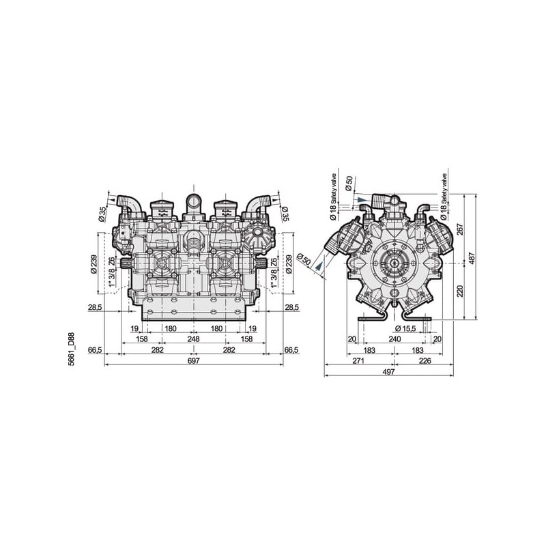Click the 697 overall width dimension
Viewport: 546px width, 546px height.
[x=194, y=360]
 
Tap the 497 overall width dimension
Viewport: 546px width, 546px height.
[x=388, y=372]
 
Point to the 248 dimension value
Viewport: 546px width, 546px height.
[x=194, y=339]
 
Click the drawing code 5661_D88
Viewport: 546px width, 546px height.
[x=72, y=349]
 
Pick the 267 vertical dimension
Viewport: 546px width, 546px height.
[x=460, y=229]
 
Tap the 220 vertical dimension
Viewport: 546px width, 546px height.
[x=460, y=291]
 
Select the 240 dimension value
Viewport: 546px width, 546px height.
[x=394, y=339]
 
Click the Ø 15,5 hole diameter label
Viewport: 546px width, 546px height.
[x=405, y=328]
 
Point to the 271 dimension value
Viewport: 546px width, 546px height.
[x=358, y=361]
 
